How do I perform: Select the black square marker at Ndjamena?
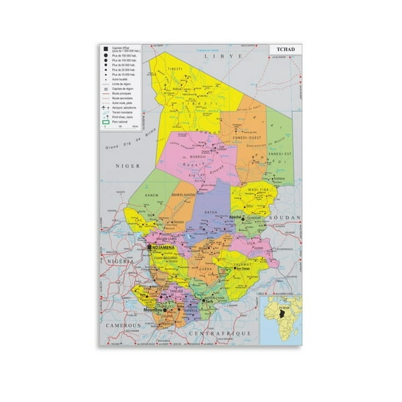pyautogui.click(x=149, y=247)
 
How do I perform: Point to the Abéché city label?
pyautogui.click(x=236, y=217)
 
